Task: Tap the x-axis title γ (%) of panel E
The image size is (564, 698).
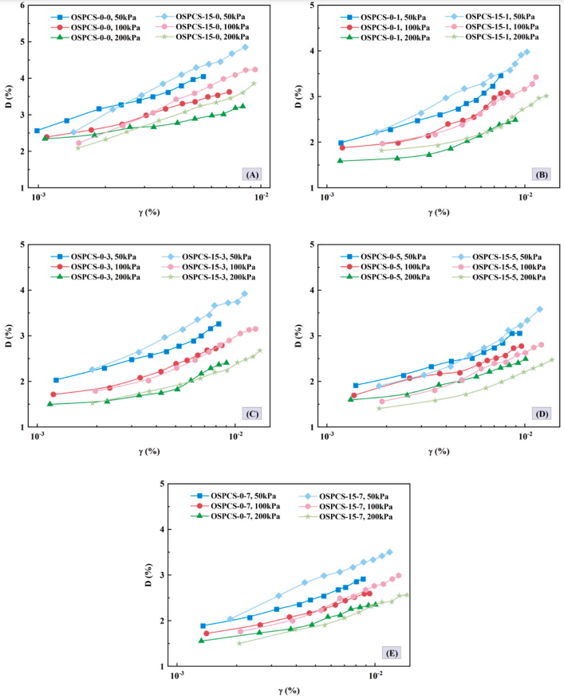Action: (x=286, y=690)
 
